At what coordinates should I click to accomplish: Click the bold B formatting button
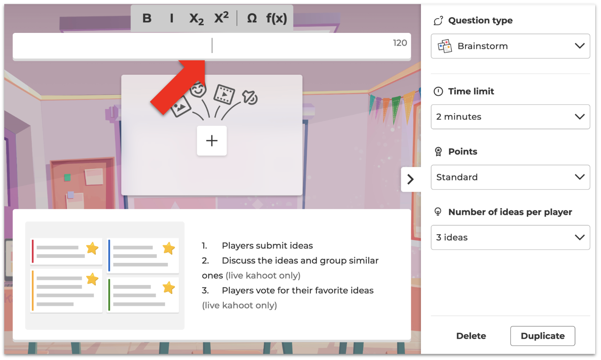click(x=147, y=18)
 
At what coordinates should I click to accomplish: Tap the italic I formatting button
click(x=172, y=18)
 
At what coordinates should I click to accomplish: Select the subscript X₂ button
click(x=196, y=19)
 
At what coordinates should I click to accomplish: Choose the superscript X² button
click(x=222, y=18)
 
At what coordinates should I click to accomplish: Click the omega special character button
click(x=252, y=18)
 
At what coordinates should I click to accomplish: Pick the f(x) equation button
click(x=276, y=18)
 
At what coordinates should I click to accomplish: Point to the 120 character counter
click(x=400, y=43)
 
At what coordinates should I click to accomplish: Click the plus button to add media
click(x=212, y=141)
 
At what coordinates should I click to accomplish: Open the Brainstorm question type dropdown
click(x=510, y=46)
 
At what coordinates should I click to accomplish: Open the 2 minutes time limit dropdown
click(x=510, y=117)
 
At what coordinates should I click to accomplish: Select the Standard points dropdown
click(x=510, y=177)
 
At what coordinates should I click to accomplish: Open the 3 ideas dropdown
click(x=510, y=237)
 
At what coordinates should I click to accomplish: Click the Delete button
click(x=471, y=336)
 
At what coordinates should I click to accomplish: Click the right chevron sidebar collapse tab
click(x=410, y=179)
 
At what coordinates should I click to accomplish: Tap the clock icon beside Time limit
click(x=438, y=91)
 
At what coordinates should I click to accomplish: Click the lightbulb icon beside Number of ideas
click(x=438, y=212)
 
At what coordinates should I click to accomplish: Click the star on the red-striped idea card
click(x=92, y=248)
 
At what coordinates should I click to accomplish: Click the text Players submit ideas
click(x=267, y=245)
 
